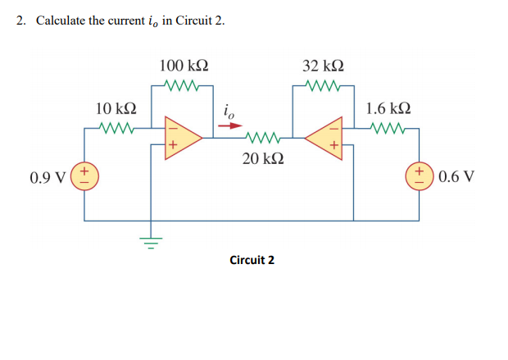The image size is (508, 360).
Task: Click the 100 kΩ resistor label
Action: click(184, 65)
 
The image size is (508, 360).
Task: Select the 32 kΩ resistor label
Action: click(323, 65)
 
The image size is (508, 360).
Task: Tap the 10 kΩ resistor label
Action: click(116, 108)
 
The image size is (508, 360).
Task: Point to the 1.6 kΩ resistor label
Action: click(388, 108)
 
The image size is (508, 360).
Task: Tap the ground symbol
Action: click(150, 242)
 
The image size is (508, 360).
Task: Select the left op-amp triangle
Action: click(182, 137)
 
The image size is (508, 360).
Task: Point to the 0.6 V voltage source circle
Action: click(420, 176)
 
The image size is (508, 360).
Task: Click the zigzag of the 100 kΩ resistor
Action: click(182, 84)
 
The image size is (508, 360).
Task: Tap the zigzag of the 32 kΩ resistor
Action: click(323, 84)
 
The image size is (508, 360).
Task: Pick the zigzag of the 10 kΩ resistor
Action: click(116, 127)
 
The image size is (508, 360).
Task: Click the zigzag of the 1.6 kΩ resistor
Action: click(387, 127)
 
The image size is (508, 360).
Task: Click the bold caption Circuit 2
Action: click(252, 260)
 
